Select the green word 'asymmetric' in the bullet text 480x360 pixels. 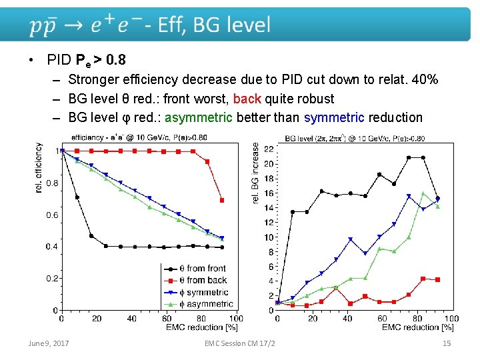coord(199,117)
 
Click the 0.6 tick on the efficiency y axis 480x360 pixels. coord(51,215)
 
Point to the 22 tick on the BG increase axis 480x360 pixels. coord(269,149)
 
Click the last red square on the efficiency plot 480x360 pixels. coord(222,200)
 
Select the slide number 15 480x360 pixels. coord(447,343)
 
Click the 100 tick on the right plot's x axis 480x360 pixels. coord(451,319)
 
